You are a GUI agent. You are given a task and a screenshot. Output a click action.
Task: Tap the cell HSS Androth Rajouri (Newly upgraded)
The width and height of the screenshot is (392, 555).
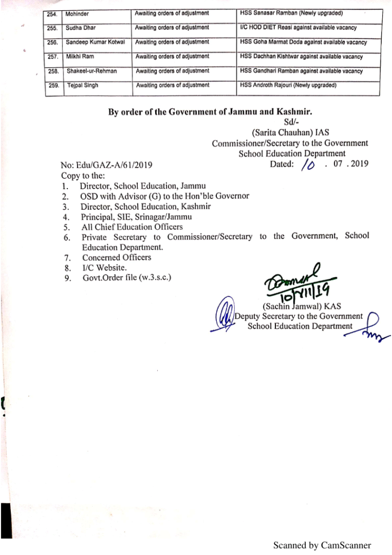288,86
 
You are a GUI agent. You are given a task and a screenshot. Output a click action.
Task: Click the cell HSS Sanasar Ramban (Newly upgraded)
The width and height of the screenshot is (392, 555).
290,12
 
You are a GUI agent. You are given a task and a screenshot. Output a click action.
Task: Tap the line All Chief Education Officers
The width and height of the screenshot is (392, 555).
132,227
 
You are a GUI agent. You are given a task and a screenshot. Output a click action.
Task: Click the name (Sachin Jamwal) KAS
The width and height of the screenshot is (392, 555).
301,306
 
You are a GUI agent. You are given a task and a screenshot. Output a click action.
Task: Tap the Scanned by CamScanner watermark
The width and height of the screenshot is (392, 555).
322,545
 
